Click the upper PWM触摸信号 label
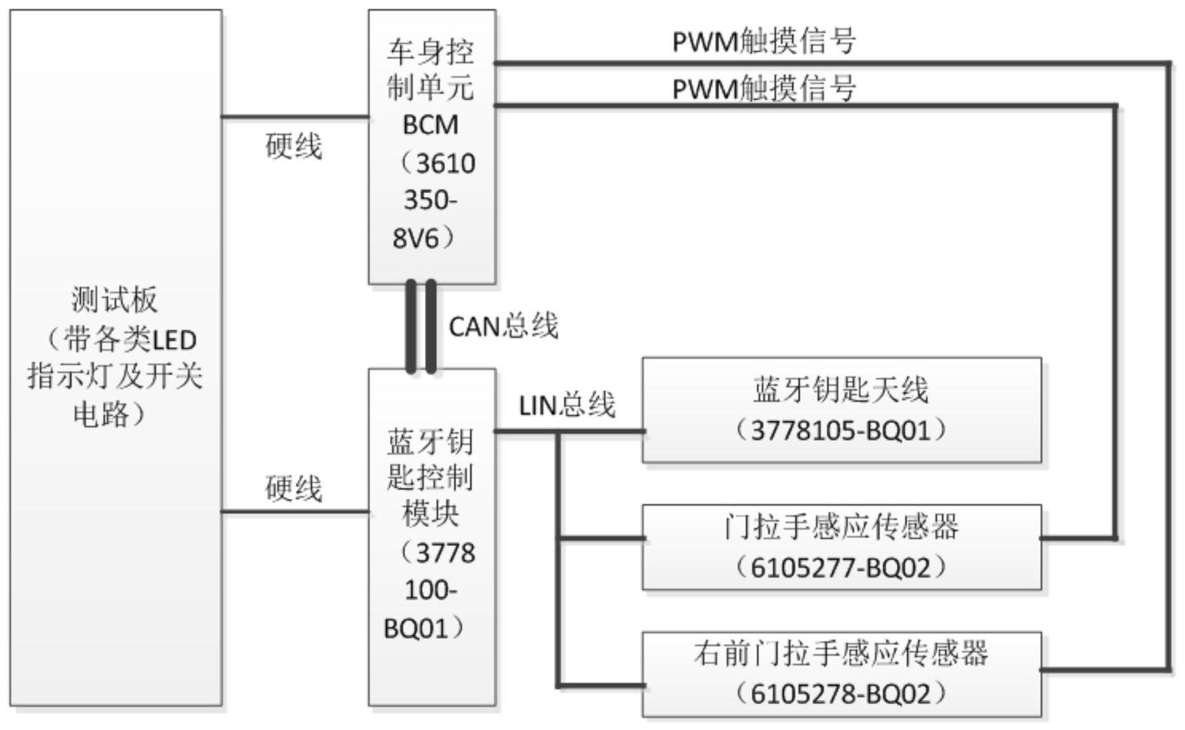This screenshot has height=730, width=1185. coord(763,42)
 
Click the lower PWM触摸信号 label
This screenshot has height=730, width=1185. coord(763,88)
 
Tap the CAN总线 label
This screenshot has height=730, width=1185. coord(503,327)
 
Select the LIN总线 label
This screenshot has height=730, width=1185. coord(566,405)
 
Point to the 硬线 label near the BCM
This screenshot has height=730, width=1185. coord(293,147)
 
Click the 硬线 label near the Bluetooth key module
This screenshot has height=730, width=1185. coord(293,489)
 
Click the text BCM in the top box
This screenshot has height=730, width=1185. coord(430,125)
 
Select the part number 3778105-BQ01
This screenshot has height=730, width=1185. coord(841,431)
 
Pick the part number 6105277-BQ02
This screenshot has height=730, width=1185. coord(841,567)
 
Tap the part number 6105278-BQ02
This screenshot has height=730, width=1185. coord(841,694)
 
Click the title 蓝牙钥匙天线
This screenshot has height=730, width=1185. coord(841,389)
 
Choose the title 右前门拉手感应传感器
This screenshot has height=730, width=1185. coord(841,653)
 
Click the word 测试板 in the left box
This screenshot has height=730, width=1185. coord(114,299)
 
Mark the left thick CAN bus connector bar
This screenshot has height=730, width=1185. coord(411,327)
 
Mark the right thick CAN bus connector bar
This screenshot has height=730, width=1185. coord(431,327)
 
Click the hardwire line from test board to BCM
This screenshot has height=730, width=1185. coord(295,117)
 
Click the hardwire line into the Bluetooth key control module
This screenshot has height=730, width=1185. coord(295,511)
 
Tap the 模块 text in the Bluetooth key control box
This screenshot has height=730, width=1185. coord(430,513)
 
